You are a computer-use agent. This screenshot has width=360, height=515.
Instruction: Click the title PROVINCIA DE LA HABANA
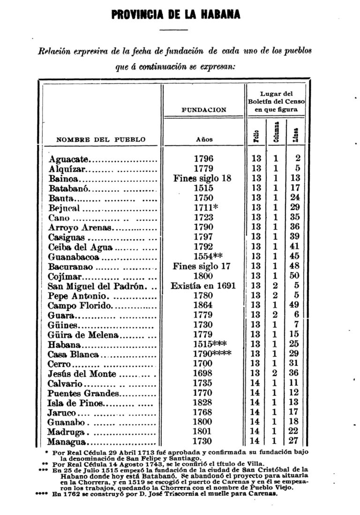click(x=176, y=15)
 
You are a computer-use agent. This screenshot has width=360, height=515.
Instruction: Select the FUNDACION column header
click(x=203, y=110)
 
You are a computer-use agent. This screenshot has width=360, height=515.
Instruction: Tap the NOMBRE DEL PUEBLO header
click(x=101, y=139)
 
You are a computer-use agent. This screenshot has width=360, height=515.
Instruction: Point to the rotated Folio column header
click(x=256, y=136)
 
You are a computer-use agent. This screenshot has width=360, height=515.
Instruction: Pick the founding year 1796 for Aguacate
click(x=203, y=159)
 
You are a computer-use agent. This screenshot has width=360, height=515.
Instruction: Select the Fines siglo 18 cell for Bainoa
click(x=202, y=178)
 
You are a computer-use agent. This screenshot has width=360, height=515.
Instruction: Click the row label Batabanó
click(x=71, y=188)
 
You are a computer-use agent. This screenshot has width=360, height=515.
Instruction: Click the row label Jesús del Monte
click(x=82, y=374)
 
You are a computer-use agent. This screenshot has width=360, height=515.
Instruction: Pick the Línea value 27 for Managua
click(x=294, y=441)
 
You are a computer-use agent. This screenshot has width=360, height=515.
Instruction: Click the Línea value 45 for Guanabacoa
click(x=294, y=257)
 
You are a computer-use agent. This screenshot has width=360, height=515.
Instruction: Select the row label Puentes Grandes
click(x=83, y=393)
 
